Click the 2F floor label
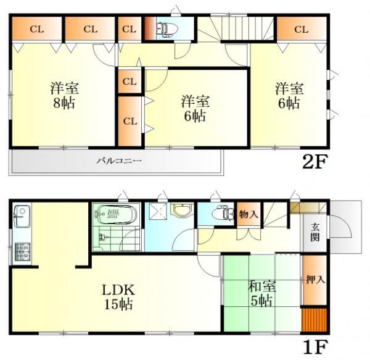(x=314, y=163)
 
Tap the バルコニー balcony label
(x=119, y=162)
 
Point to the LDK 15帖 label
(x=115, y=296)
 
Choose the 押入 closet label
(x=314, y=280)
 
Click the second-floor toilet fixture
(x=166, y=28)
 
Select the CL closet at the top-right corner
(x=301, y=28)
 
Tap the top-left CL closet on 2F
(x=36, y=28)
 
